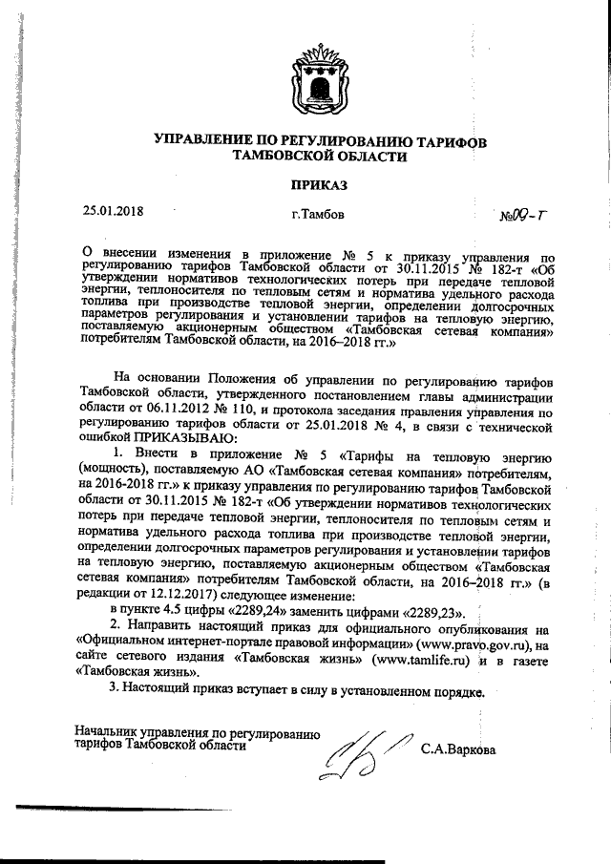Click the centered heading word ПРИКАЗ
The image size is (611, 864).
pyautogui.click(x=320, y=182)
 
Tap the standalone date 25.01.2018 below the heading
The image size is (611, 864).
pyautogui.click(x=112, y=211)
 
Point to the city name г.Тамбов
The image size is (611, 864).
pyautogui.click(x=320, y=215)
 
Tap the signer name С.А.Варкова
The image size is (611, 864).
pyautogui.click(x=458, y=749)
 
